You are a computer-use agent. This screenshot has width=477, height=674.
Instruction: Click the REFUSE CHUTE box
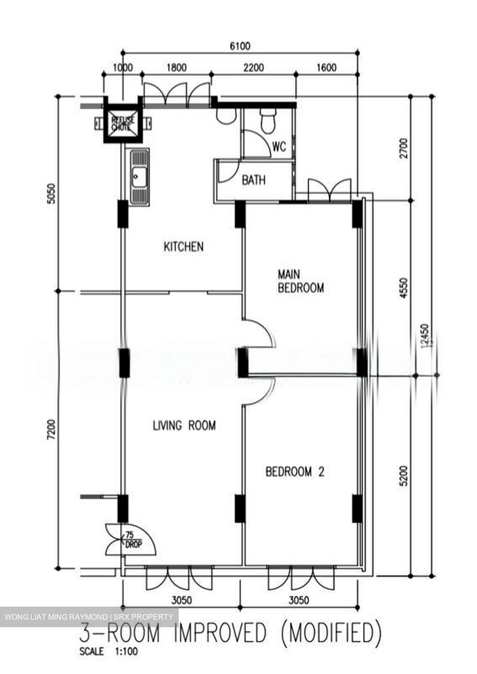pos(123,123)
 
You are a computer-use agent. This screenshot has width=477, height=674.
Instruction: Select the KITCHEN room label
pos(183,247)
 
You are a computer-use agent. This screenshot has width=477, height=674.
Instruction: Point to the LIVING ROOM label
pos(184,425)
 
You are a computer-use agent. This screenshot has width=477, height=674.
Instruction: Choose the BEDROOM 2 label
pos(295,471)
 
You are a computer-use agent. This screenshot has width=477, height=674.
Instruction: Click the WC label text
pos(279,147)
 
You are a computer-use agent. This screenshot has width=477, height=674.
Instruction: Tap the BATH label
pos(253,180)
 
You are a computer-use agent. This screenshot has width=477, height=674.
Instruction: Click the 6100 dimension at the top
pos(240,46)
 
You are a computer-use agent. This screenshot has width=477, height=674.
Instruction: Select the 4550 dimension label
pos(404,289)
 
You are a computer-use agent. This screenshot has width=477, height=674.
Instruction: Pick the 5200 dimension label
pos(404,475)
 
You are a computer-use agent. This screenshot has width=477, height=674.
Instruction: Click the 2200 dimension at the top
pos(253,68)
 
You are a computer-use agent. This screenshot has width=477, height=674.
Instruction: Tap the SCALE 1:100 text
pos(108,651)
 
